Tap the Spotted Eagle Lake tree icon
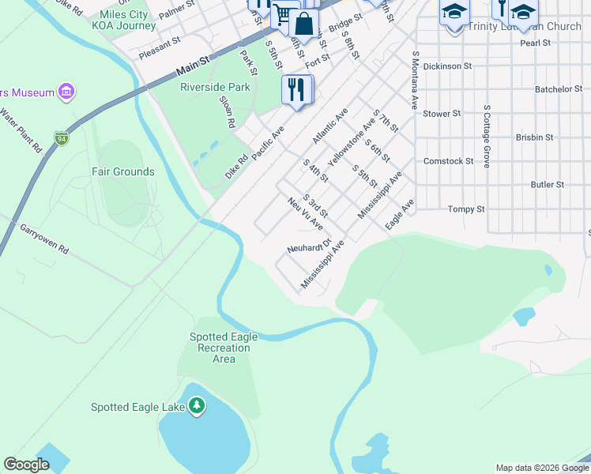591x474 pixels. coord(197,407)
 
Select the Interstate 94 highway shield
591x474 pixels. coord(61,138)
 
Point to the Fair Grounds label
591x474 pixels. coord(122,171)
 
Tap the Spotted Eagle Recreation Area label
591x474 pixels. coord(224,348)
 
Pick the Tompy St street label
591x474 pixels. coord(465,209)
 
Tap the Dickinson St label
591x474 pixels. coord(447,66)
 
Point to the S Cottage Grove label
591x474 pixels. coord(487,135)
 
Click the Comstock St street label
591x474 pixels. coord(448,161)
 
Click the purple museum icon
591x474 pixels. coord(66,92)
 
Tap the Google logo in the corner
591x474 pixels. coord(26,465)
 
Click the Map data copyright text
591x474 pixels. coord(541,468)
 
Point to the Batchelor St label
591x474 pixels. coord(559,89)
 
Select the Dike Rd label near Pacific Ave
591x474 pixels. coord(236,167)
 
